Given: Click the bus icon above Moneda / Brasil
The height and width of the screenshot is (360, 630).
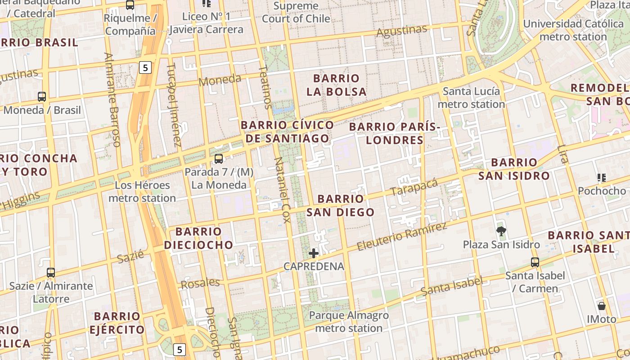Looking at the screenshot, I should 42,96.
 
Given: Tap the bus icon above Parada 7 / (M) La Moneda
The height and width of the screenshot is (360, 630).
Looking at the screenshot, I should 219,158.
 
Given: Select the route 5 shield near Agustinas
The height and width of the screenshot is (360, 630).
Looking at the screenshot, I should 145,68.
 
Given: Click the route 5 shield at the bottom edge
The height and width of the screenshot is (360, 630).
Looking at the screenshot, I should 180,349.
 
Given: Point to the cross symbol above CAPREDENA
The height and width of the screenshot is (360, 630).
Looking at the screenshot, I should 314,253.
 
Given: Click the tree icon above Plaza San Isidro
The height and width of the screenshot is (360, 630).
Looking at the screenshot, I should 501,231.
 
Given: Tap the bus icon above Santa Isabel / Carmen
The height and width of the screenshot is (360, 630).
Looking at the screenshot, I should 535,262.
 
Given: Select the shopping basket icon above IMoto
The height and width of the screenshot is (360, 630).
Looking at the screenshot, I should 602,306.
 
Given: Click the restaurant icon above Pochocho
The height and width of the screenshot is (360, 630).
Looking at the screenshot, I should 602,178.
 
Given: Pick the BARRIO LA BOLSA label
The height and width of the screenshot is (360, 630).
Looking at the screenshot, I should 336,85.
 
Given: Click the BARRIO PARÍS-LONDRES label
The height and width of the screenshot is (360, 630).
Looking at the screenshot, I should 394,133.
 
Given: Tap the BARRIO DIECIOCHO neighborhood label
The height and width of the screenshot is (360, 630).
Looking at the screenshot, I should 198,238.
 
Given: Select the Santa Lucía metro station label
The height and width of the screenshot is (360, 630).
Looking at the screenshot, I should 471,98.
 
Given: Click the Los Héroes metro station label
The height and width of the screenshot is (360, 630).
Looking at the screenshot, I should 142,191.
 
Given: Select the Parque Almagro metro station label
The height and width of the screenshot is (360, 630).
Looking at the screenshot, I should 349,322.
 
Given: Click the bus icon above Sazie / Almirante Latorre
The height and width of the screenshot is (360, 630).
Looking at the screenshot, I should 51,272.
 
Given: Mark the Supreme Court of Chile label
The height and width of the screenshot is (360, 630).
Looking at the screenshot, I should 296,13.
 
